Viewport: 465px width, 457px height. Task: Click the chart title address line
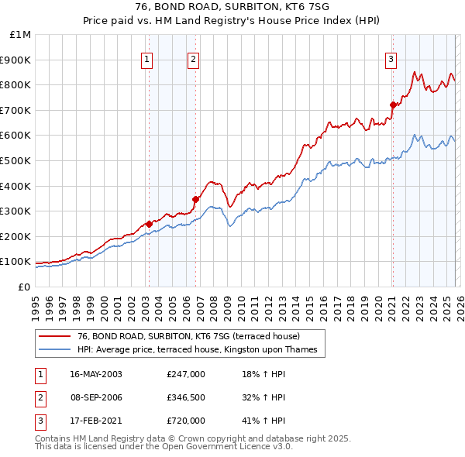232,8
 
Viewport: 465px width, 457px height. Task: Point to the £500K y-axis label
16,160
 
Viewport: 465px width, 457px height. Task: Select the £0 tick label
23,287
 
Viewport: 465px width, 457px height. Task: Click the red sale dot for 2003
149,225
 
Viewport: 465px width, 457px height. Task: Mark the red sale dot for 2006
195,199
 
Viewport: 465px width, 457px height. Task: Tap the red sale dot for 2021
393,105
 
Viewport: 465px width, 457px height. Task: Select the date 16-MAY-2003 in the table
95,374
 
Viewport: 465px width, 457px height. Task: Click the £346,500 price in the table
186,397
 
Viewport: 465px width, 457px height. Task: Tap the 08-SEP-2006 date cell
95,397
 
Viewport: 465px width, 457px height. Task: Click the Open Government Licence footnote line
164,447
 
